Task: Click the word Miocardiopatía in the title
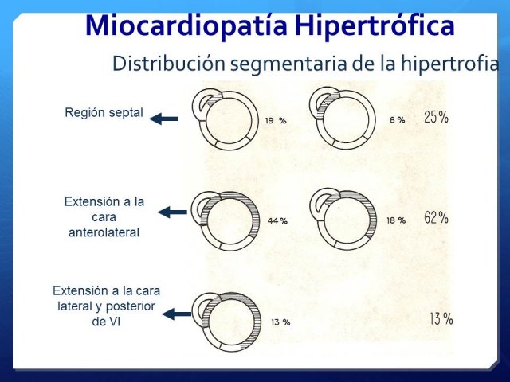pos(186,26)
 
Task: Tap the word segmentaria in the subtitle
pos(288,64)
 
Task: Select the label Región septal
pos(104,113)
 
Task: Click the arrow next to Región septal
pos(164,119)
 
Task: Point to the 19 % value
pos(276,121)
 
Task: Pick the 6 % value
pos(397,120)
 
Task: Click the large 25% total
pos(436,117)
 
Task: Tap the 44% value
pos(277,221)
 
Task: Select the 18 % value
pos(396,220)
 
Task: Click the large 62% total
pos(436,217)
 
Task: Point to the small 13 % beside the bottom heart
pos(280,322)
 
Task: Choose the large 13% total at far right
pos(441,318)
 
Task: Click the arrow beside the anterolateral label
pos(172,212)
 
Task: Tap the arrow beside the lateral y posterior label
pos(177,314)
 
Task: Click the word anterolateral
pos(104,232)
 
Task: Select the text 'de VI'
pos(106,322)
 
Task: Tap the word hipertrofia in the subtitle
pos(449,64)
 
